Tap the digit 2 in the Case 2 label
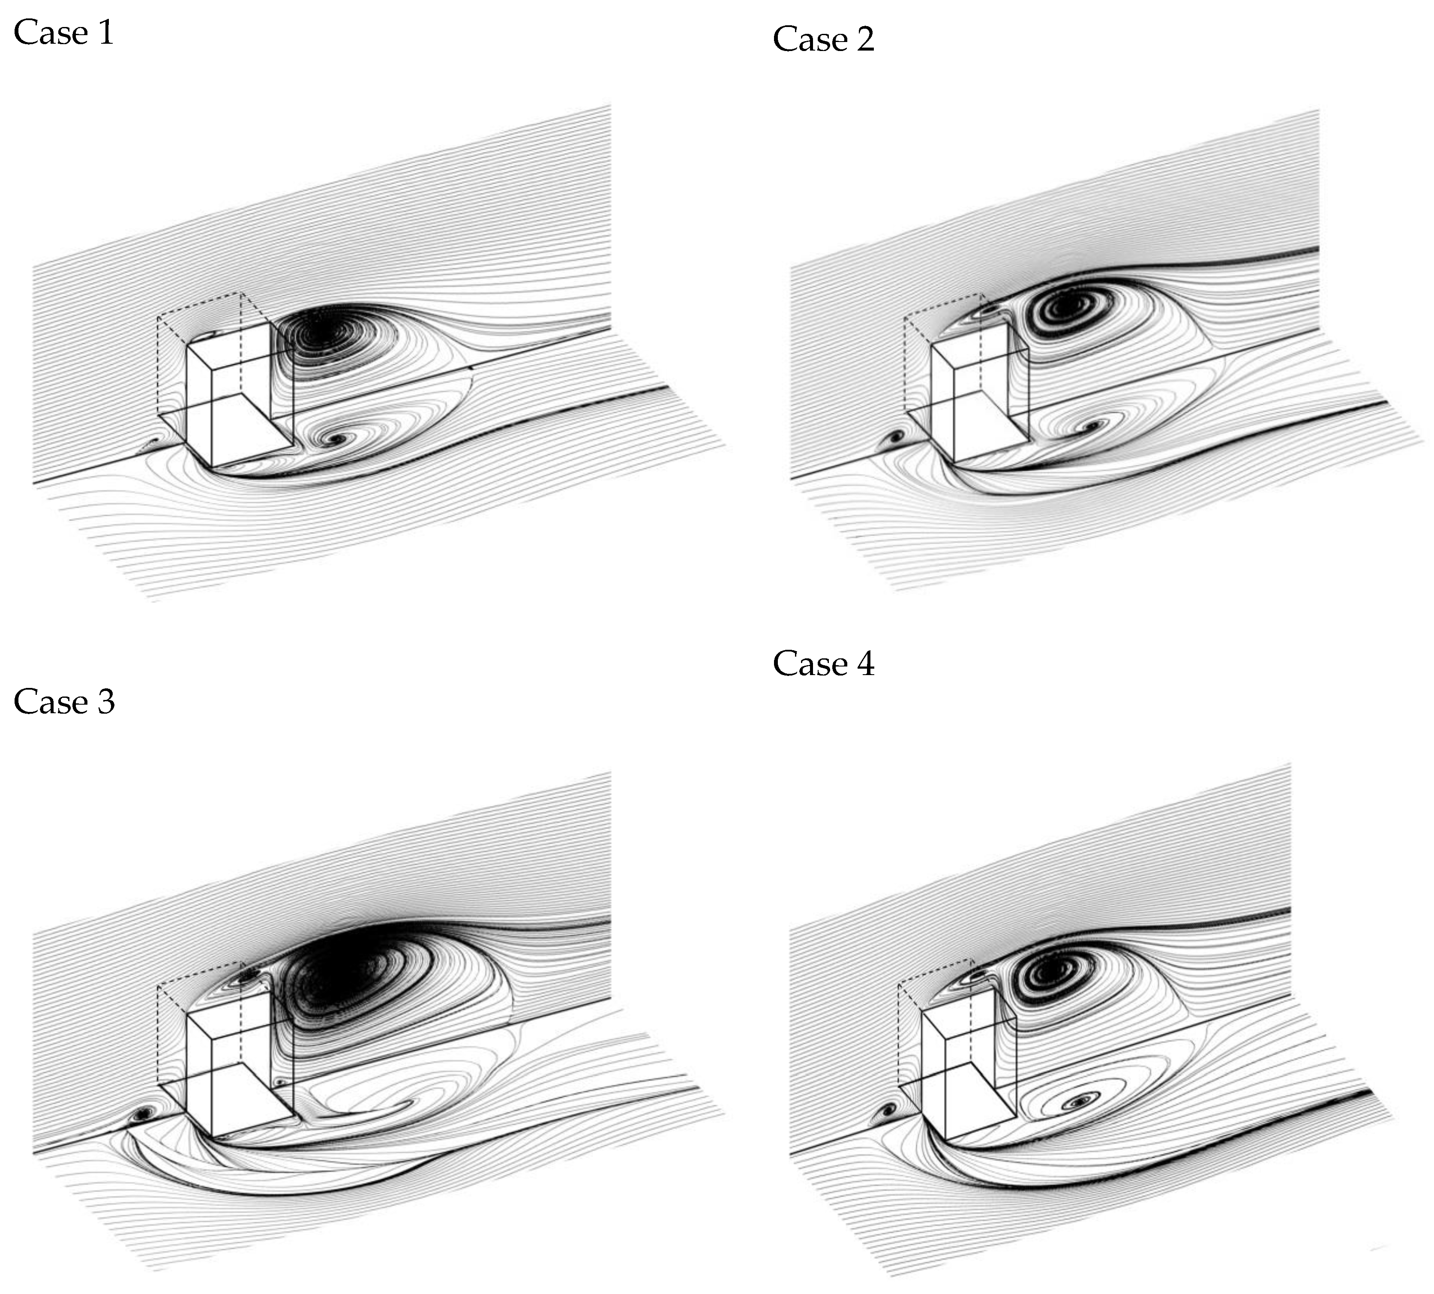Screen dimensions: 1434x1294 click(x=864, y=39)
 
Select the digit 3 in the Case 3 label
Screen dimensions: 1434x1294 click(x=106, y=702)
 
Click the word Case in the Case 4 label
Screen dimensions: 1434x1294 click(x=810, y=664)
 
